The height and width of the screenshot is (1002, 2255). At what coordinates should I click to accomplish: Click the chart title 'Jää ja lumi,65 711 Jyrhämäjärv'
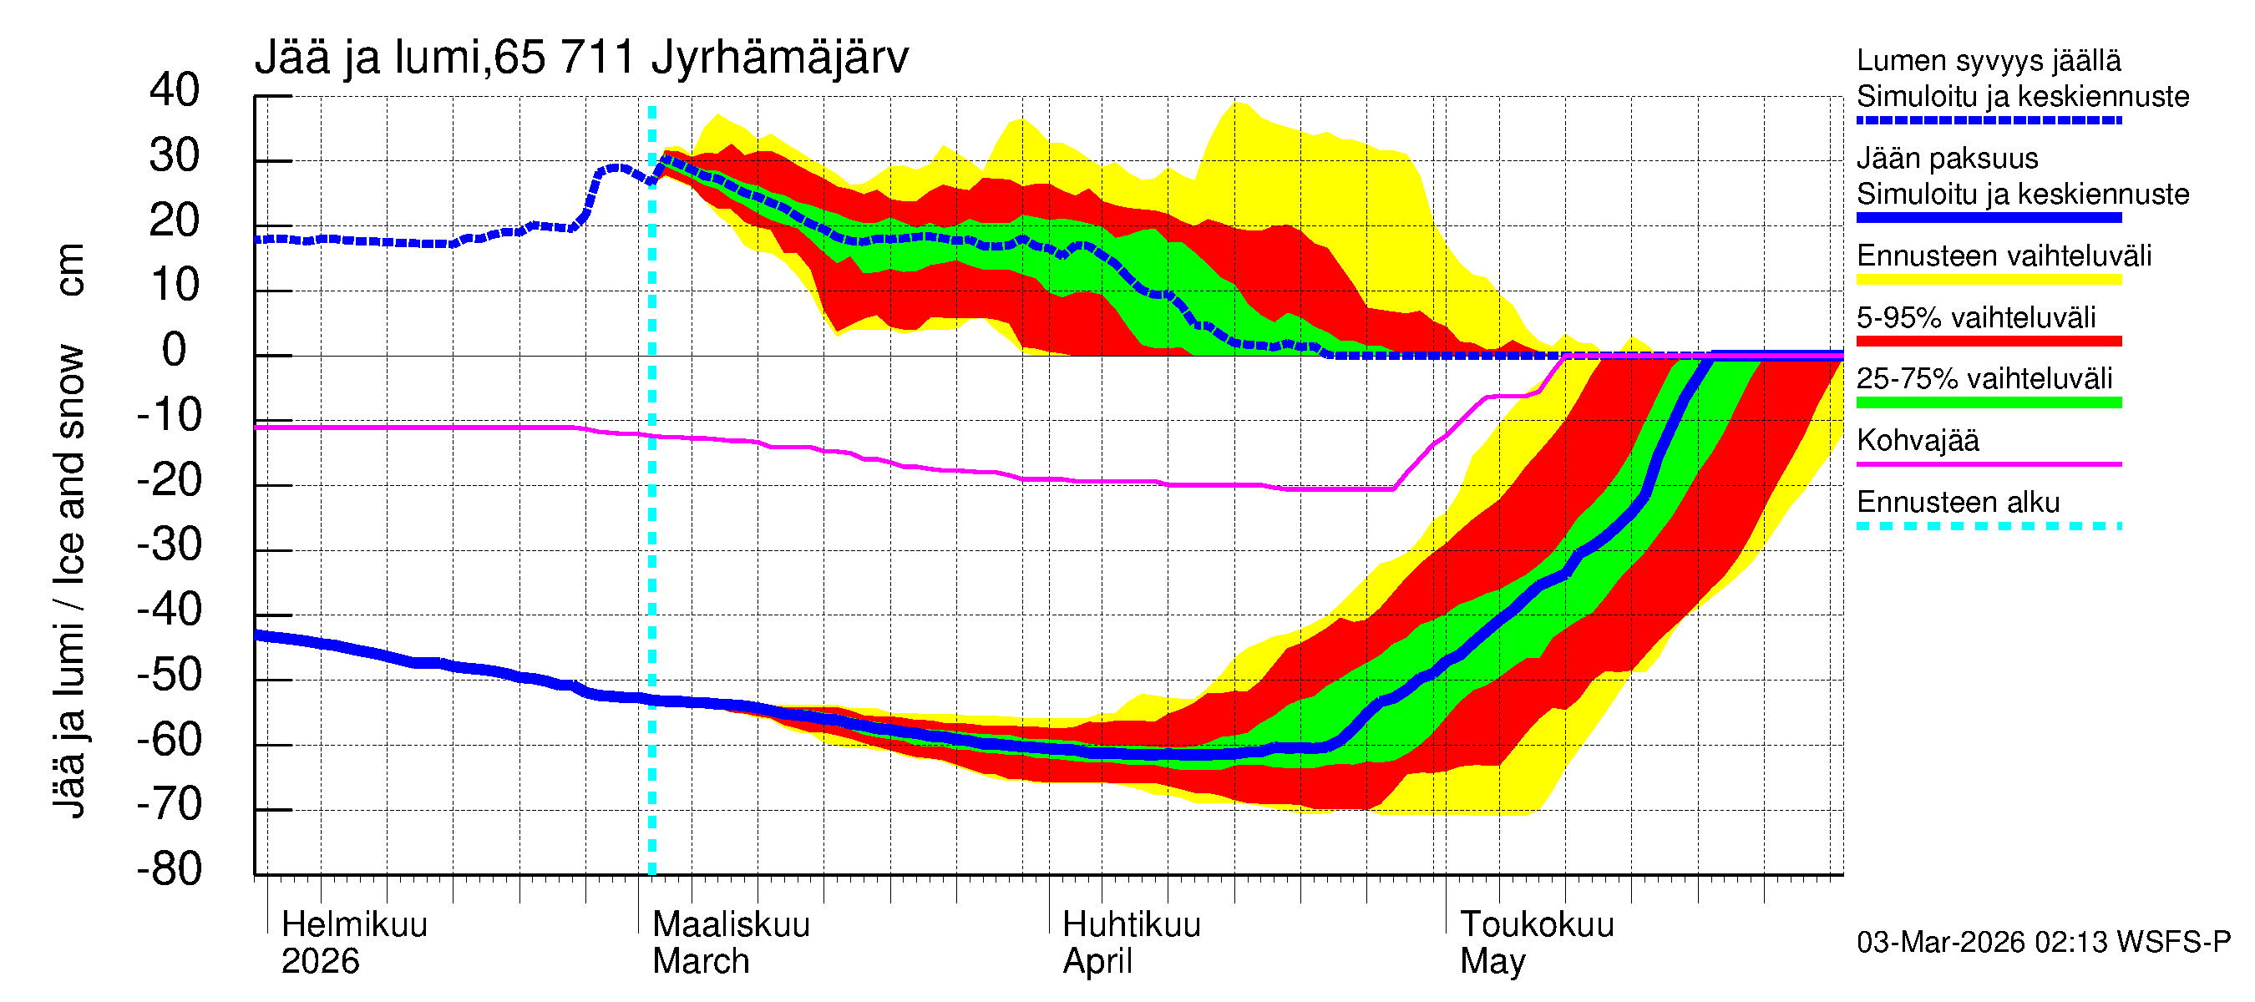[x=581, y=58]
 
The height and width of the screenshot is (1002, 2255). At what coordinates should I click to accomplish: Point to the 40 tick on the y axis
[x=175, y=90]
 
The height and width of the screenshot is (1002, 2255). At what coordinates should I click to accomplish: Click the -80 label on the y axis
[x=169, y=869]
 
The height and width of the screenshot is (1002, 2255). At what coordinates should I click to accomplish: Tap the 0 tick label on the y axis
[x=175, y=350]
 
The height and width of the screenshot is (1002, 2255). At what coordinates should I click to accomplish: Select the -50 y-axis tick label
[x=169, y=675]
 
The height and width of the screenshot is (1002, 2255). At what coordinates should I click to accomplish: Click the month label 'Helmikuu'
[x=354, y=925]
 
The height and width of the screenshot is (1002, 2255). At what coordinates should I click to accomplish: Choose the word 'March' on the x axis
[x=701, y=962]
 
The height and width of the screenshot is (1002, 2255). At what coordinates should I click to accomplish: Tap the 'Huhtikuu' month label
[x=1131, y=925]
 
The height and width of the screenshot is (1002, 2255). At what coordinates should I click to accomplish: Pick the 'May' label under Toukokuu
[x=1492, y=962]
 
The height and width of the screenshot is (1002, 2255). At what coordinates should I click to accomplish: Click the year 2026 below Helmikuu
[x=321, y=962]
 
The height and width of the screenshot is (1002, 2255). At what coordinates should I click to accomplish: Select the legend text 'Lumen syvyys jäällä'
[x=1988, y=61]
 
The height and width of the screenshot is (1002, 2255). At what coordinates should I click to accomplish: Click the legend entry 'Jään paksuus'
[x=1947, y=159]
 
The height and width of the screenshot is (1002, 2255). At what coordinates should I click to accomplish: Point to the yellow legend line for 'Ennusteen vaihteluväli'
[x=1988, y=280]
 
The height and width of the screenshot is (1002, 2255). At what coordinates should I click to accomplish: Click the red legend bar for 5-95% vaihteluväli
[x=1988, y=342]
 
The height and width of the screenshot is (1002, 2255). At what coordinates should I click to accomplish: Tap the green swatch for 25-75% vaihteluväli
[x=1988, y=402]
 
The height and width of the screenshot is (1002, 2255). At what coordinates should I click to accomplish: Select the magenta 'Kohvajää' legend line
[x=1988, y=463]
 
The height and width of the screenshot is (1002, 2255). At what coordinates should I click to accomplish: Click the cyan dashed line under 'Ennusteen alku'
[x=1988, y=526]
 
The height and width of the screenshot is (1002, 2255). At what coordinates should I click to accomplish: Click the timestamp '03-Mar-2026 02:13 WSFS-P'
[x=2043, y=943]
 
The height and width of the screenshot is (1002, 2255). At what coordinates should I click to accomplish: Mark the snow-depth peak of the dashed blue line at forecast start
[x=666, y=159]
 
